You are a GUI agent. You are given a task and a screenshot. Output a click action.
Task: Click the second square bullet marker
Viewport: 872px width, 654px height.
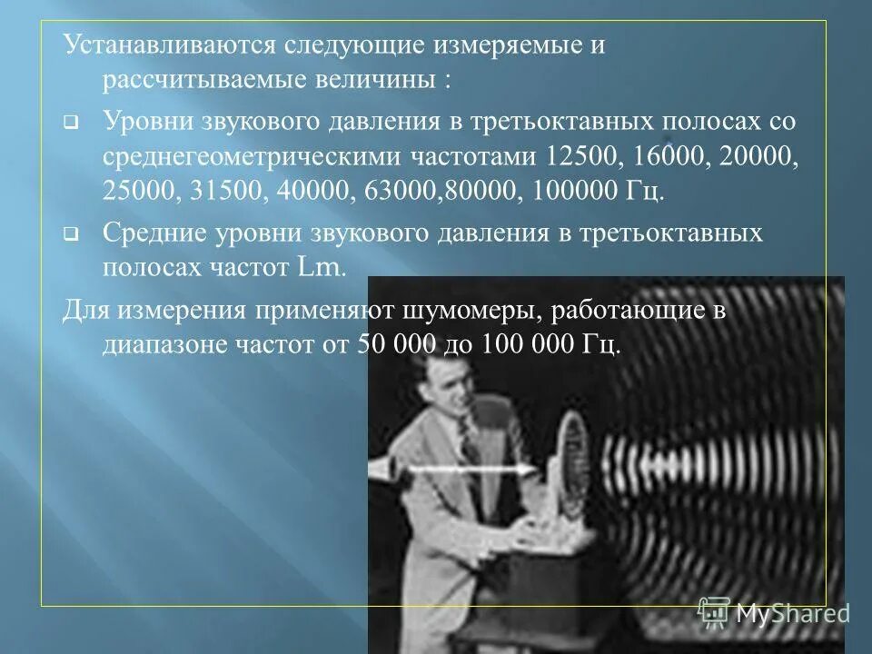coord(70,233)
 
